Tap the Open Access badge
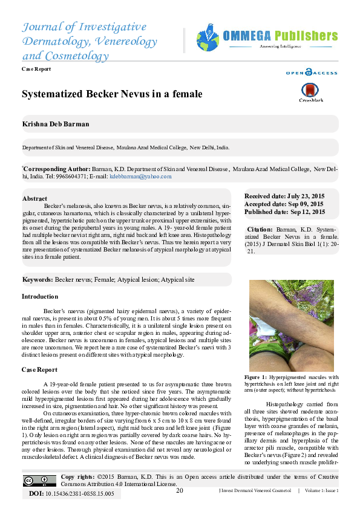pos(312,73)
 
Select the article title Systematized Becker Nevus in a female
pos(112,94)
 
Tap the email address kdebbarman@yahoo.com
pos(140,177)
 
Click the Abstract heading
pos(34,198)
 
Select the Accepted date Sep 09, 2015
pos(284,204)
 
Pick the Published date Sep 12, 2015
pos(284,212)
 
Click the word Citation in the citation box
pos(260,230)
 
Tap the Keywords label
pos(38,280)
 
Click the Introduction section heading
pos(40,297)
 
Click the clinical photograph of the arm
pos(292,325)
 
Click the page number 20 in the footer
pos(180,490)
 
